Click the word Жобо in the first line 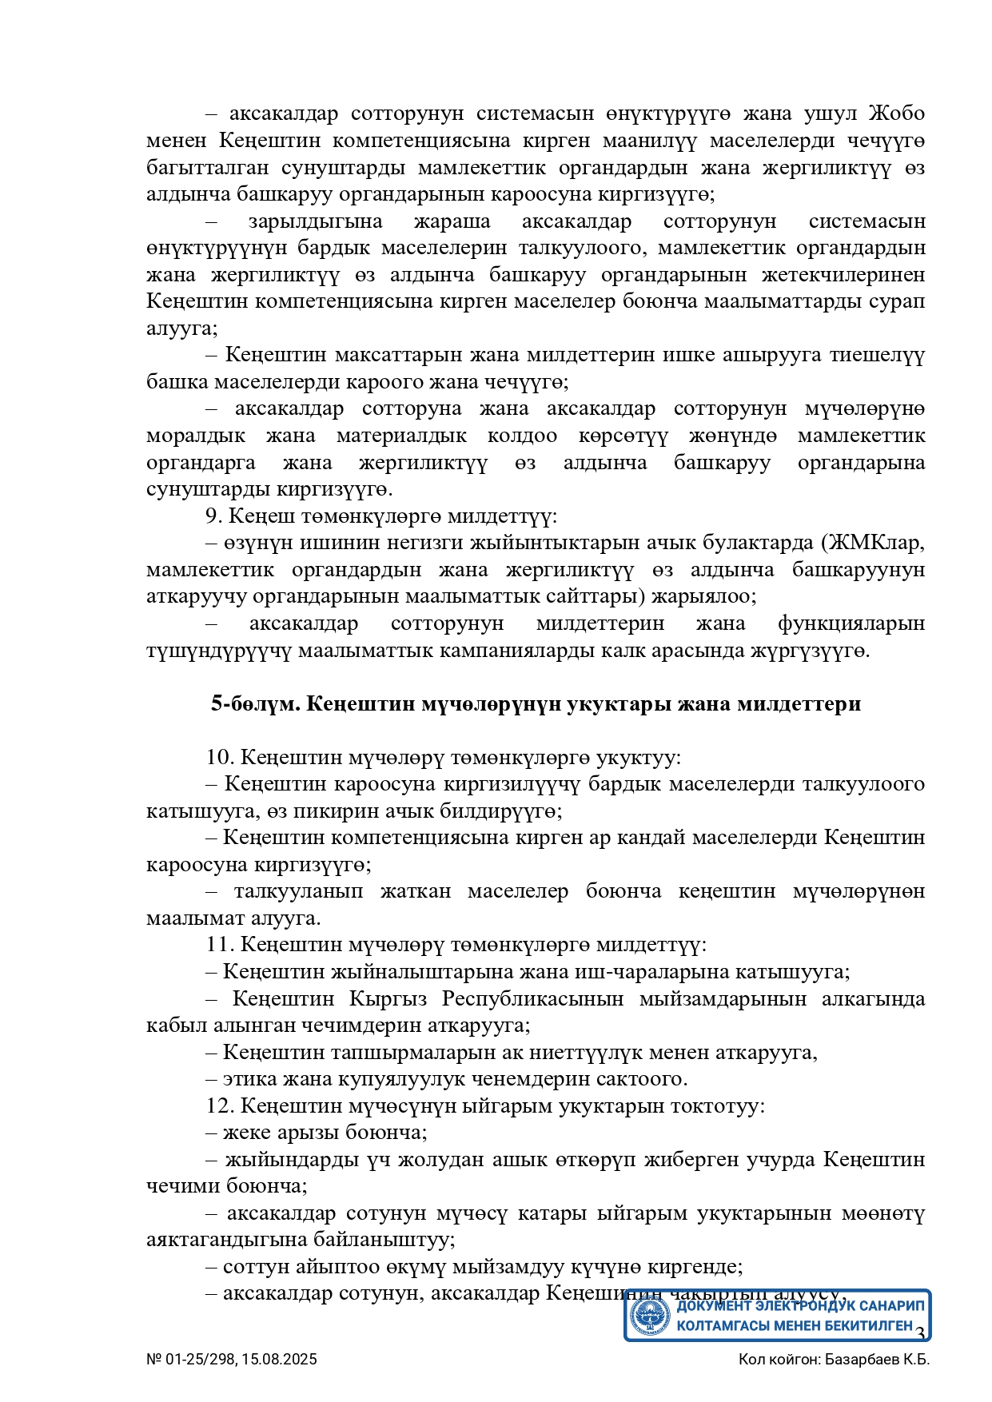click(x=896, y=114)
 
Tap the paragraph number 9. click(x=213, y=516)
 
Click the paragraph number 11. click(x=218, y=945)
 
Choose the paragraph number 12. click(x=218, y=1106)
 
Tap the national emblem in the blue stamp click(x=649, y=1316)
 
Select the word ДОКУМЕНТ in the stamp click(x=714, y=1306)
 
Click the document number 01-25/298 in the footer click(x=200, y=1360)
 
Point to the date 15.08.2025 click(x=280, y=1360)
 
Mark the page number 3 click(x=920, y=1333)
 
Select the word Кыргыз click(x=388, y=999)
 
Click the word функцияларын click(x=851, y=623)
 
